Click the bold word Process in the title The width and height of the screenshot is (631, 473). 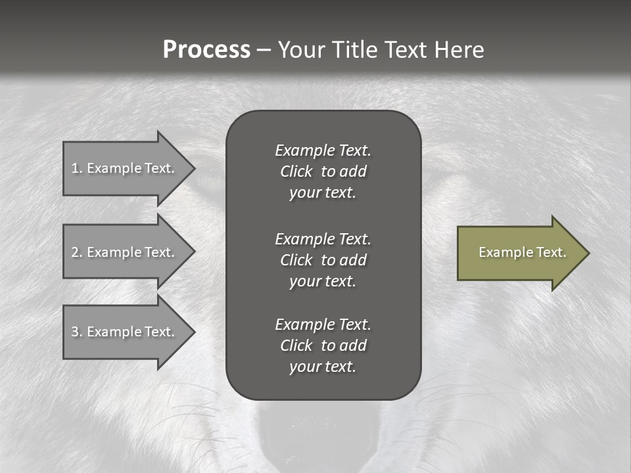pyautogui.click(x=206, y=50)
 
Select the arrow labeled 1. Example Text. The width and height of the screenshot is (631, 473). pyautogui.click(x=125, y=168)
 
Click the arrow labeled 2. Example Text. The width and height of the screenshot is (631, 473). pyautogui.click(x=125, y=252)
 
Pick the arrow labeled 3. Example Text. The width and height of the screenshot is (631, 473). pyautogui.click(x=125, y=332)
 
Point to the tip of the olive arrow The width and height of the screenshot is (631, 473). pyautogui.click(x=588, y=253)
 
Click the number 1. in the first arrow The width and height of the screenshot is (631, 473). pyautogui.click(x=76, y=168)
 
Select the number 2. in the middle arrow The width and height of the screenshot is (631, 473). pyautogui.click(x=76, y=252)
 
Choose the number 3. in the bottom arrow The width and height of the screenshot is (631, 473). pyautogui.click(x=76, y=332)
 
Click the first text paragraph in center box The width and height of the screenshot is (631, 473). pyautogui.click(x=323, y=171)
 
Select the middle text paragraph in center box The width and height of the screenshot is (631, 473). pyautogui.click(x=323, y=260)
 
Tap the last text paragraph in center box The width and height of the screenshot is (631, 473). pyautogui.click(x=323, y=346)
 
